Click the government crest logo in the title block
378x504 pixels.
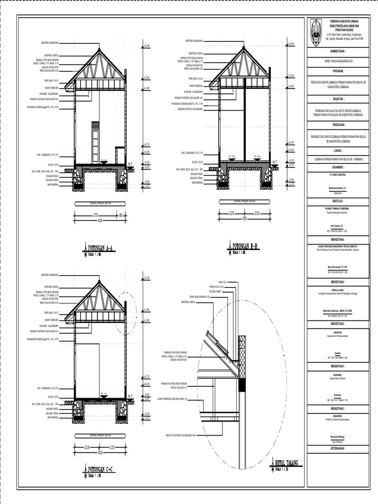pyautogui.click(x=316, y=33)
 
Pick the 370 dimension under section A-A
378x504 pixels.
pyautogui.click(x=96, y=215)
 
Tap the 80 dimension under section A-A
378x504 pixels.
pyautogui.click(x=121, y=215)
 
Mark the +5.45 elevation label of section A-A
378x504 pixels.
pyautogui.click(x=147, y=45)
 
